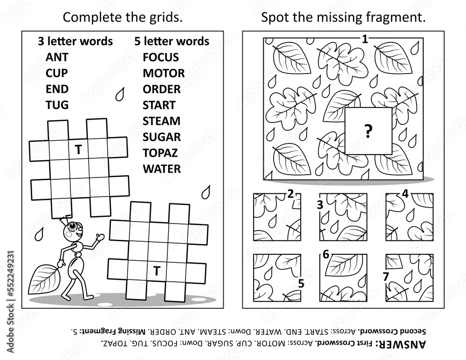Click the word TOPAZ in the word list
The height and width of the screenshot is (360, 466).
tap(160, 153)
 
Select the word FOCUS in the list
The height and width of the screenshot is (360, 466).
tap(161, 57)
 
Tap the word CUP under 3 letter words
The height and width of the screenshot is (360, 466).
tap(57, 73)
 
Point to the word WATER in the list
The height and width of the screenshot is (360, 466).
tap(162, 169)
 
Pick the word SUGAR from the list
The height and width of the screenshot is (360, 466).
tap(162, 137)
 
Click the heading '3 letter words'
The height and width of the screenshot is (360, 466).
tap(75, 41)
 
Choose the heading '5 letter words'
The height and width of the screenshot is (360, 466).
tap(172, 41)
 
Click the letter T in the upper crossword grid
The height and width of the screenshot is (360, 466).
tap(78, 150)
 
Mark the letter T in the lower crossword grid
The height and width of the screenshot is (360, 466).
tap(157, 271)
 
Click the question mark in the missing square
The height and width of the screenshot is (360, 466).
tap(368, 131)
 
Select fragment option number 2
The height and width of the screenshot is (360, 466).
tap(277, 217)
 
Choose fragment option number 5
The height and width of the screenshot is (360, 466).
tap(277, 278)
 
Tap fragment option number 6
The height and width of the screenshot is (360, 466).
tap(343, 278)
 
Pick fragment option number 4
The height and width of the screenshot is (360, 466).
tap(410, 217)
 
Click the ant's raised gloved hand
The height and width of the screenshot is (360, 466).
tap(100, 237)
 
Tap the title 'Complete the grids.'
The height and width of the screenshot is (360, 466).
tap(123, 18)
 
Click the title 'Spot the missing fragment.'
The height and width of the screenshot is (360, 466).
tap(343, 18)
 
